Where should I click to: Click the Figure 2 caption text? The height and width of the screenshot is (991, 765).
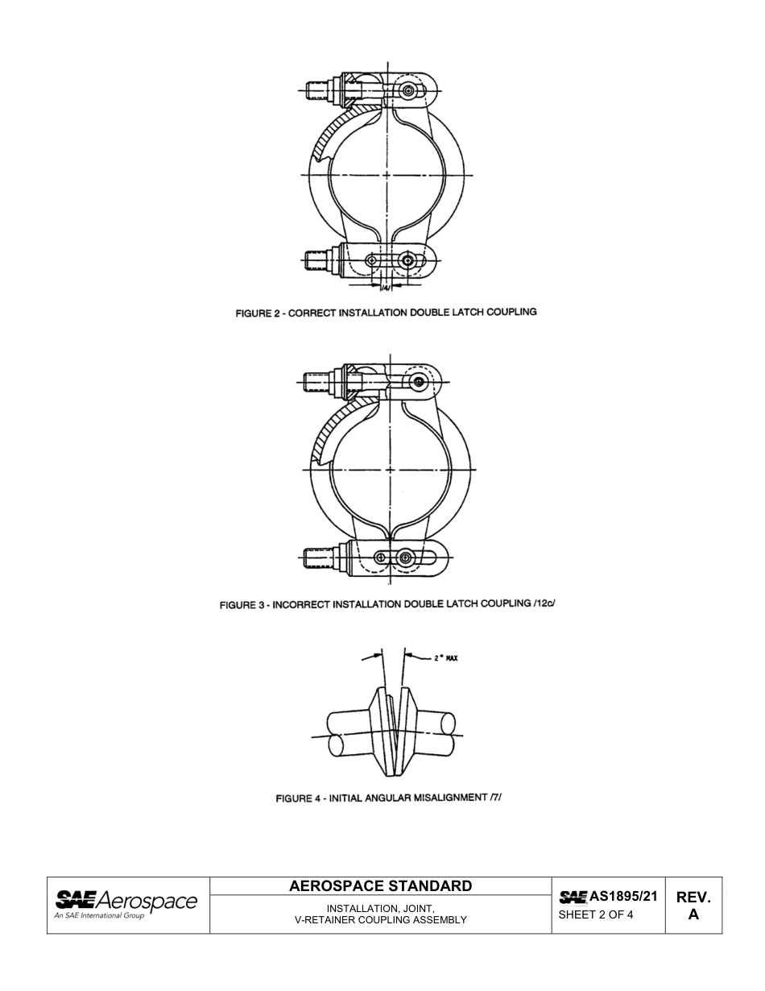tap(386, 312)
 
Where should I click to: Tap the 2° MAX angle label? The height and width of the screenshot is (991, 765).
tap(445, 658)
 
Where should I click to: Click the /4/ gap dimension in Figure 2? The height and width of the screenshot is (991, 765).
tap(385, 288)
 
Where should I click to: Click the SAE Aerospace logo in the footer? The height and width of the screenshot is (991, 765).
tap(126, 902)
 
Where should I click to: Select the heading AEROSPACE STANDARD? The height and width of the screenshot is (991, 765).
tap(380, 886)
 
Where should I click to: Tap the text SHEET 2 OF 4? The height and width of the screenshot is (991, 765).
tap(596, 914)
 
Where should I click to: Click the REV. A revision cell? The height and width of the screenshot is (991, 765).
tap(693, 906)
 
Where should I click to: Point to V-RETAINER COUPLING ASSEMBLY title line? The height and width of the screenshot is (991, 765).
tap(381, 919)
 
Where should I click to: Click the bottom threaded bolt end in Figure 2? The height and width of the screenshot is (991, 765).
tap(317, 259)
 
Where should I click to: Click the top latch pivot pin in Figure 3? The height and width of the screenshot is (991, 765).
tap(417, 381)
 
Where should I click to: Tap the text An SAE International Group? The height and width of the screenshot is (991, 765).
tap(99, 916)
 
